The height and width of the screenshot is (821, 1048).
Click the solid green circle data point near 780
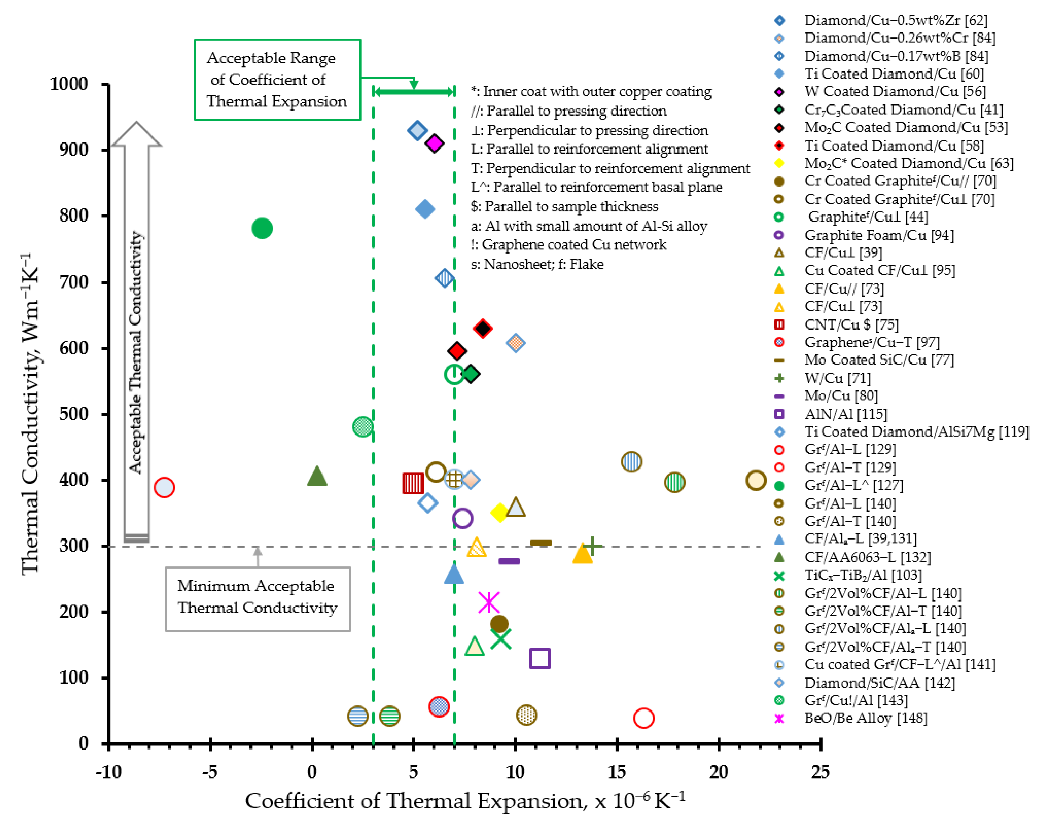[262, 228]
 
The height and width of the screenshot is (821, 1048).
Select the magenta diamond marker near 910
[435, 143]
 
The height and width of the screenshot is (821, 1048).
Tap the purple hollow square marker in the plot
[539, 658]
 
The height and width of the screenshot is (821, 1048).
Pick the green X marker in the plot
[500, 639]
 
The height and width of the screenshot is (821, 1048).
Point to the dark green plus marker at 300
[593, 546]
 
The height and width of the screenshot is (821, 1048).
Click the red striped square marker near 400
[413, 483]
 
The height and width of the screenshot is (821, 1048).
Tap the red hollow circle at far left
[164, 488]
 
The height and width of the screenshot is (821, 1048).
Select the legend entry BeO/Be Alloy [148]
[865, 718]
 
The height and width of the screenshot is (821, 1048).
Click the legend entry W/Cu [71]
[837, 378]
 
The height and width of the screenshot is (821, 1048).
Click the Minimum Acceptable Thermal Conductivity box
[258, 599]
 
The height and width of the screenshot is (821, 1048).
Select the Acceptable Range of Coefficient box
[277, 79]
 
